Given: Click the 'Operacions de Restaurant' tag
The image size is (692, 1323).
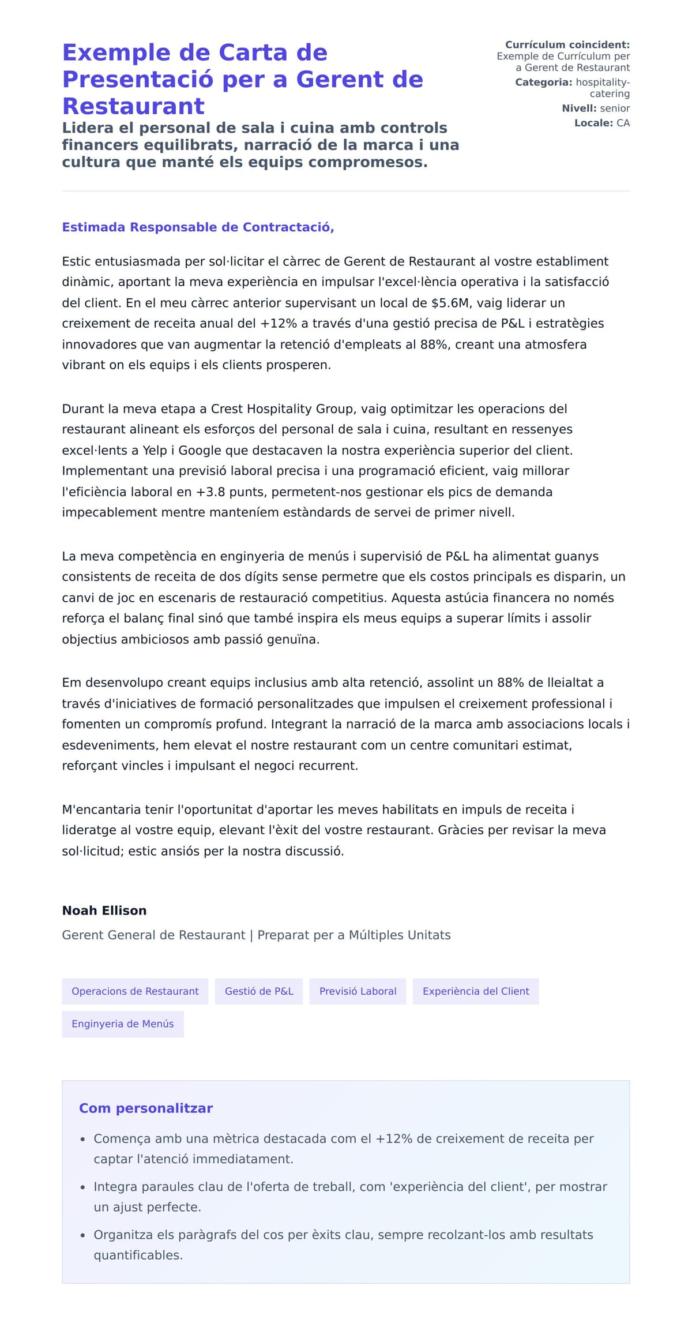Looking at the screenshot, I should [x=135, y=991].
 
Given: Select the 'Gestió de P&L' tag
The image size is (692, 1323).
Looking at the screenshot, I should [x=259, y=991].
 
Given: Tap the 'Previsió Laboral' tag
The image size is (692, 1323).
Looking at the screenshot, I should [x=358, y=991].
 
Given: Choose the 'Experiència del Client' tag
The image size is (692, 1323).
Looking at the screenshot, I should [x=476, y=991].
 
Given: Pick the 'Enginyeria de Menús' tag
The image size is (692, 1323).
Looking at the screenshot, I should [x=123, y=1024].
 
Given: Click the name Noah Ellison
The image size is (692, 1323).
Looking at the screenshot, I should [x=104, y=910].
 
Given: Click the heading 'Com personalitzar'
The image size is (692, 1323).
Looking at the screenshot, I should [x=146, y=1108].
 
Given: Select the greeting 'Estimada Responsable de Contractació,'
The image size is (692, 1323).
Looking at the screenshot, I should [x=198, y=227].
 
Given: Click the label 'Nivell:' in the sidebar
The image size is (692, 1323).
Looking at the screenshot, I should [x=579, y=108].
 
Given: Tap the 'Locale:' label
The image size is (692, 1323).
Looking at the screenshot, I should [x=593, y=123].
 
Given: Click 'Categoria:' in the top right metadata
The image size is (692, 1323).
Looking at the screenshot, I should [x=543, y=83].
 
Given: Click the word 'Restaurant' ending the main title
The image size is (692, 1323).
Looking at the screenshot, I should [x=133, y=106].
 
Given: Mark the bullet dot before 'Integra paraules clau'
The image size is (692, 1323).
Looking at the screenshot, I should [x=83, y=1187].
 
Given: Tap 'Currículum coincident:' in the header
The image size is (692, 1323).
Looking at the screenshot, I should [x=567, y=45].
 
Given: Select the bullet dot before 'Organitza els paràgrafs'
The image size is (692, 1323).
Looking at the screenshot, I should [x=83, y=1235].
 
